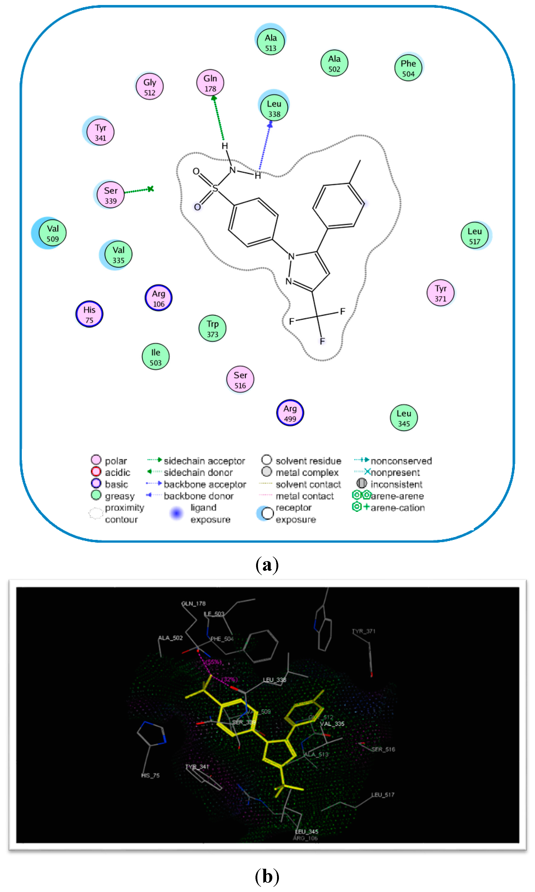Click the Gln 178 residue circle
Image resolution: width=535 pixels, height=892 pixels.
pos(210,83)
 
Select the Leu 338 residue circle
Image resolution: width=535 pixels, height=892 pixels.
pos(274,108)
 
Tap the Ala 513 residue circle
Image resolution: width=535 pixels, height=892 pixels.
pos(271,42)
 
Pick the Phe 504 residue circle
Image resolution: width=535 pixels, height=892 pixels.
pos(408,68)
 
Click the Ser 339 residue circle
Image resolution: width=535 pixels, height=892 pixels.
pos(111,195)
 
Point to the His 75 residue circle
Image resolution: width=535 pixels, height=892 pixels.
pos(89,314)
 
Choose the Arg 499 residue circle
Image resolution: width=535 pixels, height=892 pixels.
pos(290,413)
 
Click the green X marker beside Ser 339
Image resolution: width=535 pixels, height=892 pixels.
pos(151,189)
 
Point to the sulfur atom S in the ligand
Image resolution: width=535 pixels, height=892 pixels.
pos(215,188)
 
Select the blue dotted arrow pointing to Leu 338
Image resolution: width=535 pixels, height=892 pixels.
pos(265,146)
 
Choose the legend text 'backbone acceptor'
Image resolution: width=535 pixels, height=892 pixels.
pos(205,484)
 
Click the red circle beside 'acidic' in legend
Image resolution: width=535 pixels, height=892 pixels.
pos(96,472)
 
